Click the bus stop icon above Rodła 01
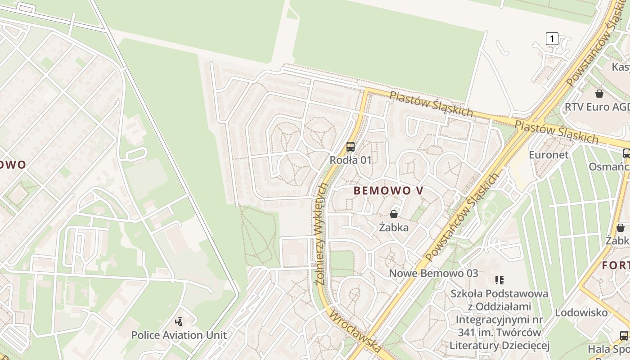coord(351,146)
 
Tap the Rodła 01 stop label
coord(351,160)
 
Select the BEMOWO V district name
coord(388,190)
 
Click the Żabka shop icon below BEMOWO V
coord(394,214)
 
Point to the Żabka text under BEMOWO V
coord(394,227)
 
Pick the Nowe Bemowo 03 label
coord(433,273)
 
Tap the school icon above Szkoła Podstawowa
coord(499,280)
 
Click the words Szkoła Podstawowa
coord(499,294)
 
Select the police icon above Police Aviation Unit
coord(179,322)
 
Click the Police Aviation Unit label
coord(179,335)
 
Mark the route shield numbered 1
coord(552,39)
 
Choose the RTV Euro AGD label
coord(597,107)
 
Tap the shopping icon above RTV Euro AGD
coord(599,94)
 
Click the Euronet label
coord(549,155)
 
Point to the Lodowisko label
coord(581,312)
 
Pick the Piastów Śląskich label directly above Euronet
coord(556,131)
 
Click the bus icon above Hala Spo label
coord(624,335)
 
